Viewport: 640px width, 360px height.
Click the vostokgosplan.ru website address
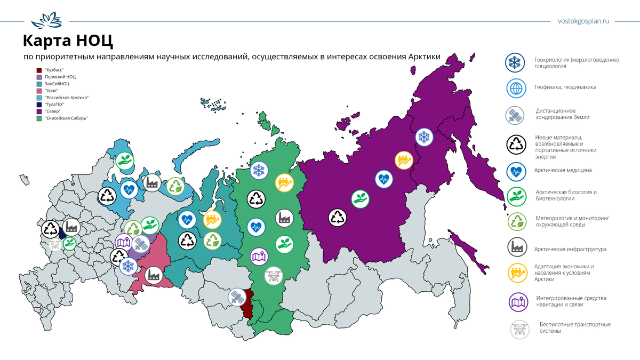[582, 21]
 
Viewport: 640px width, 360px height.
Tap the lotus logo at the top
[46, 22]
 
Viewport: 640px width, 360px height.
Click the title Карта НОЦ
[68, 42]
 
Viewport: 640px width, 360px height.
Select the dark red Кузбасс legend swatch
[39, 70]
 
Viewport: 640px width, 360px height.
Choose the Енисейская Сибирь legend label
[66, 118]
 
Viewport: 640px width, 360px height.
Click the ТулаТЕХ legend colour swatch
[39, 105]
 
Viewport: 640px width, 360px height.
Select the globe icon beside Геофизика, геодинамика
[516, 88]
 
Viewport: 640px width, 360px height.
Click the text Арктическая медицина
[563, 170]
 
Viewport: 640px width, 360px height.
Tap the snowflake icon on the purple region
[425, 138]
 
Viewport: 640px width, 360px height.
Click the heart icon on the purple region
[383, 179]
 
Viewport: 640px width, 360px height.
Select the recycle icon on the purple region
[338, 217]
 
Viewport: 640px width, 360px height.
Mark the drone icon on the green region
[274, 275]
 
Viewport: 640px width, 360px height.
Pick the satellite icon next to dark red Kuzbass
[236, 297]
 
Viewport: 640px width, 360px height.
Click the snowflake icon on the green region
[259, 171]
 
